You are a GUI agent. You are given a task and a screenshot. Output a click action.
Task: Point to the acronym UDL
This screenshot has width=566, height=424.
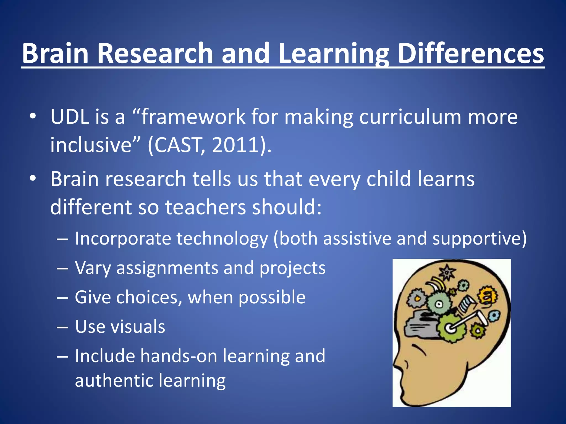pyautogui.click(x=70, y=117)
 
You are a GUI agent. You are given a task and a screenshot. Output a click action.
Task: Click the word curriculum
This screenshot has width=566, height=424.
pyautogui.click(x=410, y=117)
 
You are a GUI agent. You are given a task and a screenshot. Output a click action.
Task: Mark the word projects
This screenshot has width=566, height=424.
pyautogui.click(x=292, y=268)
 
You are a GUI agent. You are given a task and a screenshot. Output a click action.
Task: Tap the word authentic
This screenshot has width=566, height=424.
pyautogui.click(x=113, y=381)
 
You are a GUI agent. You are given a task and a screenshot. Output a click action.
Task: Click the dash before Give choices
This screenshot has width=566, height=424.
pyautogui.click(x=62, y=298)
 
